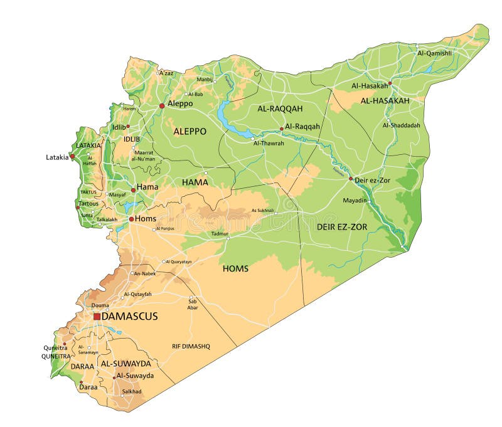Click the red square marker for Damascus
click(x=97, y=317)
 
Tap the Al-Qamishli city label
click(x=434, y=53)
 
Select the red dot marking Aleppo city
click(x=162, y=106)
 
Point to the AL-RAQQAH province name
click(x=280, y=108)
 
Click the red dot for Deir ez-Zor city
click(x=351, y=179)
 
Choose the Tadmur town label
click(x=220, y=233)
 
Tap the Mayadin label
click(x=355, y=200)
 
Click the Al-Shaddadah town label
click(x=401, y=125)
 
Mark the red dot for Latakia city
click(x=72, y=156)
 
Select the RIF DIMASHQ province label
click(x=191, y=346)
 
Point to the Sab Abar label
click(x=193, y=304)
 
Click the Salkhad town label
click(x=131, y=391)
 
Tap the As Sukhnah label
click(x=263, y=211)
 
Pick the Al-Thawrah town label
click(x=269, y=143)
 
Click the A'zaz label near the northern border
click(x=166, y=73)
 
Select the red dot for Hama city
click(x=133, y=189)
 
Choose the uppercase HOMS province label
click(x=235, y=268)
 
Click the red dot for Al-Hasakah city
click(x=390, y=83)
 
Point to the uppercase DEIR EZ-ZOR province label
click(x=342, y=226)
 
